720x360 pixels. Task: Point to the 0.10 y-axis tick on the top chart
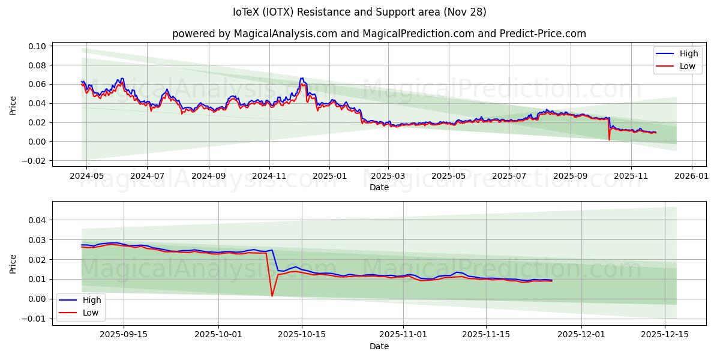37,46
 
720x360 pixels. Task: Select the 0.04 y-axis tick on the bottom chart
37,220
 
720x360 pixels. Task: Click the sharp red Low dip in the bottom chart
272,296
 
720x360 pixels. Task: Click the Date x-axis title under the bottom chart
379,346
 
